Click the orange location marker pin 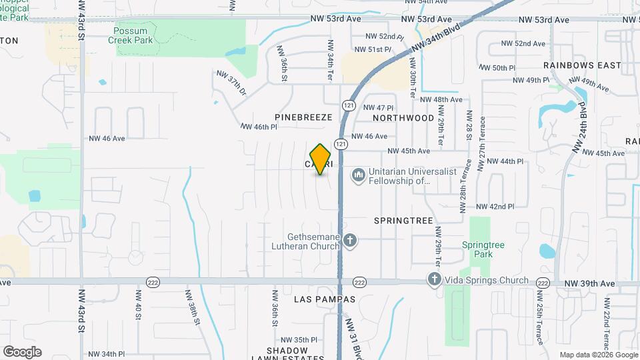[x=321, y=159]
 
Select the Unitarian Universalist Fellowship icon [x=359, y=175]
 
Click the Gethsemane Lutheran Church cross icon [x=351, y=240]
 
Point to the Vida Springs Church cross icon [x=434, y=280]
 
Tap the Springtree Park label [x=483, y=249]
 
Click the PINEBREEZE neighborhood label [x=303, y=117]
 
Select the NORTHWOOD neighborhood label [x=403, y=117]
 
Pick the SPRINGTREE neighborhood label [x=404, y=220]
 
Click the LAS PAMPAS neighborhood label [x=325, y=299]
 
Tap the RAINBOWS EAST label [x=582, y=65]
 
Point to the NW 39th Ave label [x=589, y=283]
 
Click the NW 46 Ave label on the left [x=107, y=139]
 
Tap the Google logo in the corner [x=22, y=351]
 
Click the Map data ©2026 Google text [x=598, y=355]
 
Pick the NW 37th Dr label [x=231, y=83]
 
